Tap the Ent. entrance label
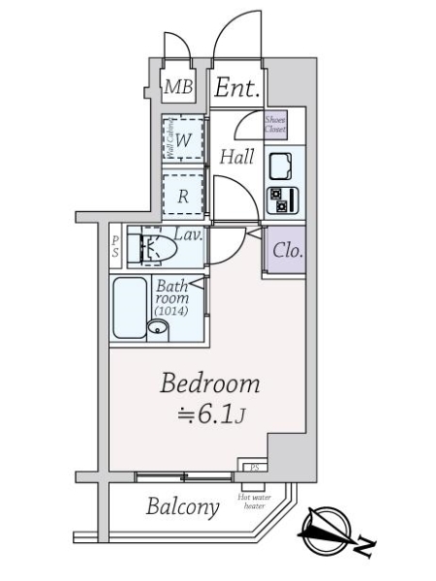point(237,90)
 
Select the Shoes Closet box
point(276,124)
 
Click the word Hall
point(236,157)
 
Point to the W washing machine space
point(182,138)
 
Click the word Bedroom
point(210,384)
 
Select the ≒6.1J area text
point(210,417)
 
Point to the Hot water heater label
point(255,503)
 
